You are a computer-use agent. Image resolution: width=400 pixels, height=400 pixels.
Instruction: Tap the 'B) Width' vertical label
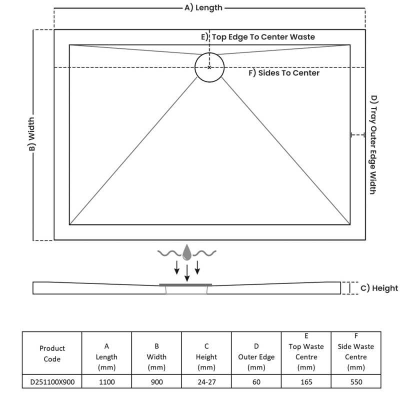tap(31, 134)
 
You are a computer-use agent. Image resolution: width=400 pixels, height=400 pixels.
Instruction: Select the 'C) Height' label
tap(379, 288)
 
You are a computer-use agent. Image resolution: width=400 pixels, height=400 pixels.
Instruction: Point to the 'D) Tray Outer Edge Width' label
tap(373, 144)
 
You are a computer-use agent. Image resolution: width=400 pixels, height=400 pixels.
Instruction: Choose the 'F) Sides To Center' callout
tap(284, 73)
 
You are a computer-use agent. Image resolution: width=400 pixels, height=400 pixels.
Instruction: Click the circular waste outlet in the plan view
tap(209, 67)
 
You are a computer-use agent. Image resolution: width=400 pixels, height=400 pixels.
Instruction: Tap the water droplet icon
tap(187, 253)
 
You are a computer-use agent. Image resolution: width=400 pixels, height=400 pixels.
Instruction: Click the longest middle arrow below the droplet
tap(187, 272)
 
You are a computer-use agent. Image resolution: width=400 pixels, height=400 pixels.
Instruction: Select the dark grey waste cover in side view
tap(185, 284)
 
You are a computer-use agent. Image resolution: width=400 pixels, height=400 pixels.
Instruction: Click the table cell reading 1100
tap(106, 382)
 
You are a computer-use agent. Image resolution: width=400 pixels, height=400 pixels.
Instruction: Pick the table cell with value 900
tap(156, 382)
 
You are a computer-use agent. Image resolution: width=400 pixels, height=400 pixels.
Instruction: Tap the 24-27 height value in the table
tap(206, 382)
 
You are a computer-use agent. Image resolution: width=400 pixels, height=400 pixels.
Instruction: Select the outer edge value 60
tap(256, 382)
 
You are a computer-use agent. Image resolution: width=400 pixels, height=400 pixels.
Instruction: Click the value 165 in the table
tap(306, 382)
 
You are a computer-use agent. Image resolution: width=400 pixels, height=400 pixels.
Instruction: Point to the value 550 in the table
tap(356, 382)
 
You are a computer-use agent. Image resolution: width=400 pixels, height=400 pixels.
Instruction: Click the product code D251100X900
tap(52, 382)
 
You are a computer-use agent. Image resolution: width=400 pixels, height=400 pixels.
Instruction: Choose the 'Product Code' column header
tap(52, 353)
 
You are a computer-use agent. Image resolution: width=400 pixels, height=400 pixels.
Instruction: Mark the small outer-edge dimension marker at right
tap(357, 134)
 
